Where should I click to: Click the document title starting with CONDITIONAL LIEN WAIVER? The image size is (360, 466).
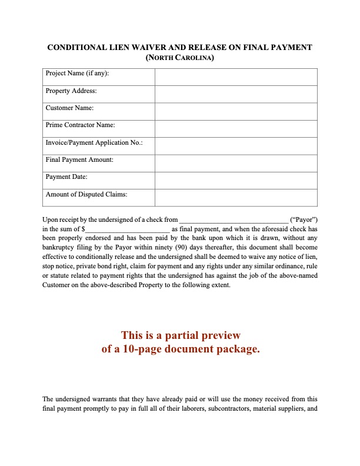[x=179, y=48]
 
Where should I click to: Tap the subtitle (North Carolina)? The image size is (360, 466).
[x=179, y=58]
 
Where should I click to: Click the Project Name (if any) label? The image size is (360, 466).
[x=77, y=74]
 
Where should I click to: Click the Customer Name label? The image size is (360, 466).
[x=69, y=108]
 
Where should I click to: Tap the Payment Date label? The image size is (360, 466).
[x=66, y=177]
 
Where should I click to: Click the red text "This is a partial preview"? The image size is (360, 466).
[x=181, y=335]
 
